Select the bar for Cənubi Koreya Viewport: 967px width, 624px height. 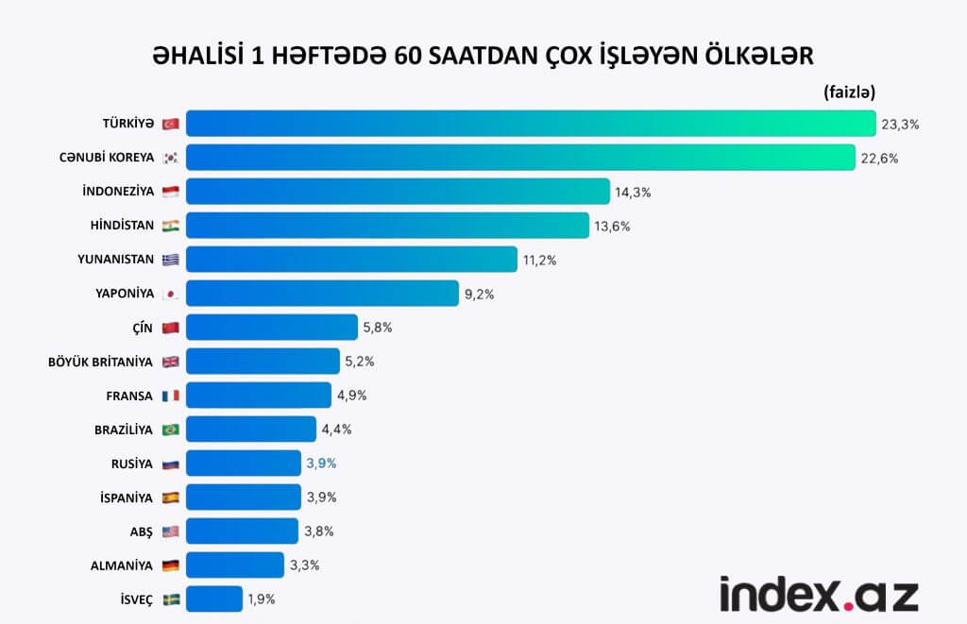(520, 158)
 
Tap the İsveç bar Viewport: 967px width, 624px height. (214, 599)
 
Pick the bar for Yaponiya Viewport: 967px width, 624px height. (322, 294)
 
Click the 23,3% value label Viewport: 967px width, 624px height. (900, 124)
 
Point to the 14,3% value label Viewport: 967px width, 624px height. (634, 192)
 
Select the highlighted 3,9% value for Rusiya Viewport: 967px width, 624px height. (321, 464)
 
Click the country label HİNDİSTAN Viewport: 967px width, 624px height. (118, 226)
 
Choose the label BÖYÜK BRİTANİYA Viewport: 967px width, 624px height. (101, 362)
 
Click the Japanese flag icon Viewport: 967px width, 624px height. (171, 294)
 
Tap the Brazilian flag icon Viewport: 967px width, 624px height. (171, 430)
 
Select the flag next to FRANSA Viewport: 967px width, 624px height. (171, 396)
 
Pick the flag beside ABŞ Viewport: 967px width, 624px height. (171, 531)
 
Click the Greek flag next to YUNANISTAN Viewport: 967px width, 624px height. (171, 260)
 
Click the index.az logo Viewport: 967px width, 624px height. (819, 594)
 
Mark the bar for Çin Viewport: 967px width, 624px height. (272, 328)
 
